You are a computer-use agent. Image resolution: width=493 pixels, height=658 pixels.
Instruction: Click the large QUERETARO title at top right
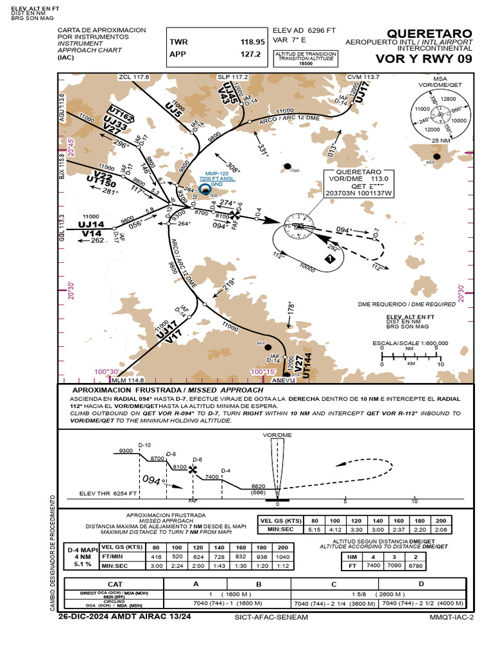pos(429,33)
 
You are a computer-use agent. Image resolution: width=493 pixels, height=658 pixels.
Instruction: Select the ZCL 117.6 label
pos(134,77)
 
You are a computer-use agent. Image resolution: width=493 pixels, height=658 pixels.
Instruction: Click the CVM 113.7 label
pos(363,77)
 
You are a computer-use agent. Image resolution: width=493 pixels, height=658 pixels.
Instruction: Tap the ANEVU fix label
pos(283,380)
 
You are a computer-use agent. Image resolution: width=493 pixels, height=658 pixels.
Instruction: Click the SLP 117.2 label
pos(232,77)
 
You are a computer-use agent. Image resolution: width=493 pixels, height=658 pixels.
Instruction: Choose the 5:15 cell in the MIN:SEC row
pos(315,529)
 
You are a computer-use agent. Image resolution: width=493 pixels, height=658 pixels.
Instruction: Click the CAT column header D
pos(421,584)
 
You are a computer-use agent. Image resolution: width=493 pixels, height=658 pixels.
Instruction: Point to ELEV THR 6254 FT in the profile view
pos(108,493)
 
